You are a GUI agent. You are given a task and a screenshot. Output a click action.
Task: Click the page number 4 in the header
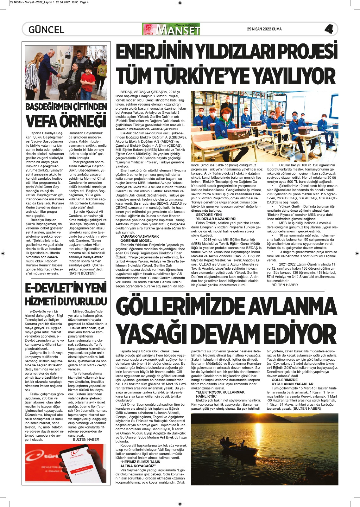coord(328,29)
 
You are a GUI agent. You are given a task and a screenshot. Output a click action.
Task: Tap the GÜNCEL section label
coord(46,30)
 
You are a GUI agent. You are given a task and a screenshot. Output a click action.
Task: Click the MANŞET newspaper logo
coord(172,29)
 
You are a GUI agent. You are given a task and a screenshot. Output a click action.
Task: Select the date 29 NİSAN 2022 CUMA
coord(264,29)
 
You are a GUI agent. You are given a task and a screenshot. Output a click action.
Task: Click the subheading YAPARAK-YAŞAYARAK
coord(140,236)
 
